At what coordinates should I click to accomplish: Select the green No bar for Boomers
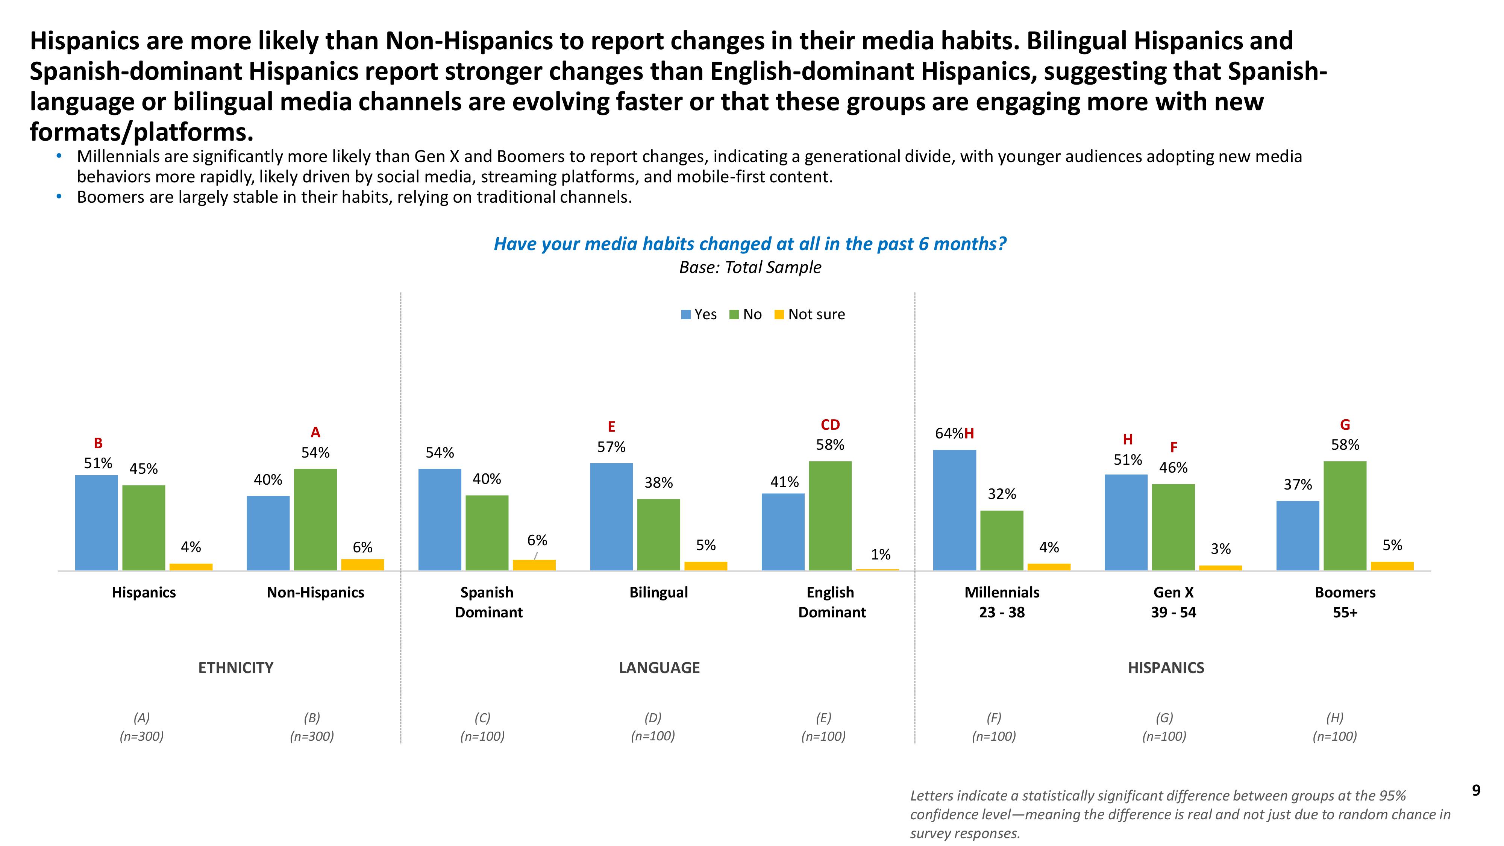(x=1345, y=515)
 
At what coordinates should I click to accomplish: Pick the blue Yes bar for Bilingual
(x=611, y=516)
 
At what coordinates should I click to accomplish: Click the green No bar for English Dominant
(x=830, y=515)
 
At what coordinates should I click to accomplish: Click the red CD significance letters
(x=830, y=425)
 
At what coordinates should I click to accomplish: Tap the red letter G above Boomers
(x=1345, y=425)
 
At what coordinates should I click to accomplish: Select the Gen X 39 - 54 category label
(x=1173, y=602)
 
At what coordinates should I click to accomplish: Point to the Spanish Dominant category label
(x=488, y=602)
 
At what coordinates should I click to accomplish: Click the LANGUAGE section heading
(x=659, y=668)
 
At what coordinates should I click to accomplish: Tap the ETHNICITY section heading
(x=236, y=668)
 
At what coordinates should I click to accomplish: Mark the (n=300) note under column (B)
(x=312, y=736)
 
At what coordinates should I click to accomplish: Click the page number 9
(x=1476, y=790)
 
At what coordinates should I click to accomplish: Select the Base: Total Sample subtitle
(x=750, y=267)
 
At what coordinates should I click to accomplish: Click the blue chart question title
(x=750, y=244)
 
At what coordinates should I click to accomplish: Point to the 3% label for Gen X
(x=1220, y=549)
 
